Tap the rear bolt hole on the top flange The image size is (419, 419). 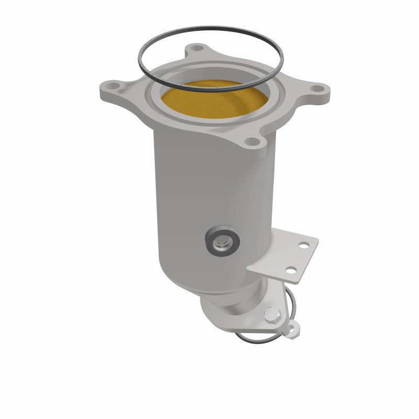coord(197,48)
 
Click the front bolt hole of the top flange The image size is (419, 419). coord(252,140)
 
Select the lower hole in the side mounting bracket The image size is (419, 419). coord(288,270)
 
